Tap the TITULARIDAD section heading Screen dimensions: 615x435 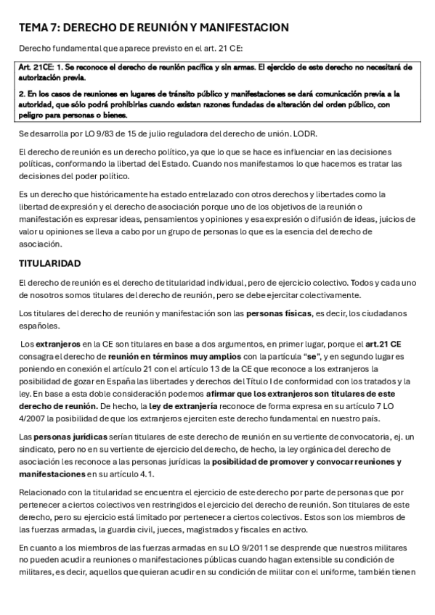click(x=50, y=262)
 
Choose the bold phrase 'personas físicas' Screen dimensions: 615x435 click(x=275, y=313)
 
